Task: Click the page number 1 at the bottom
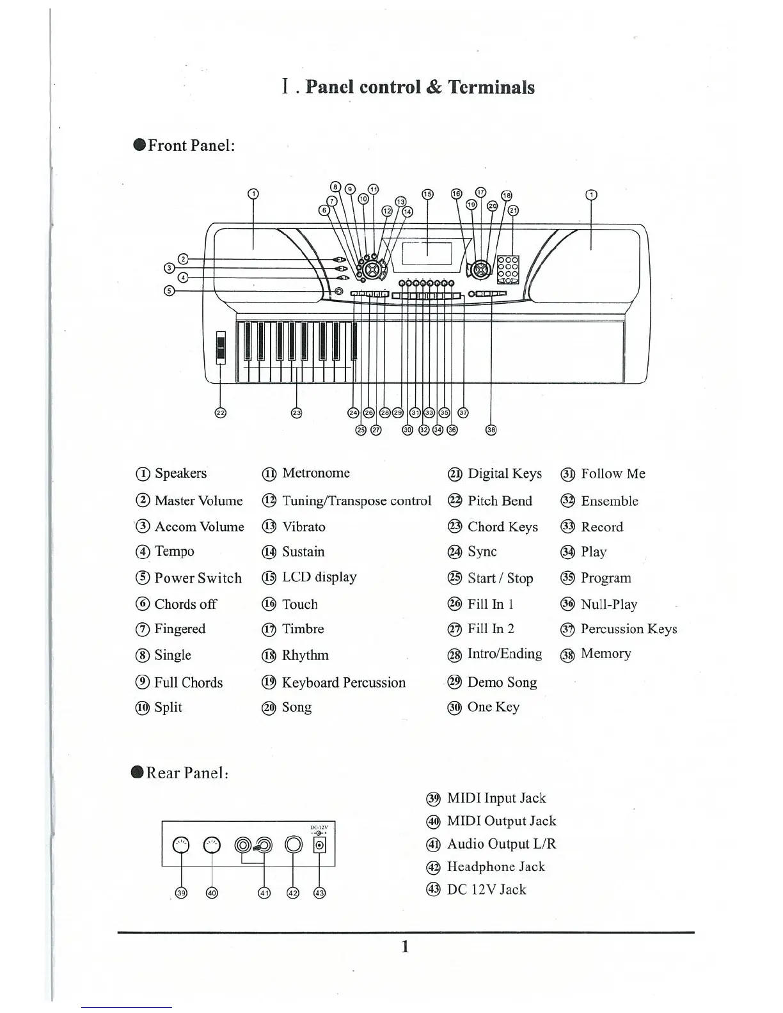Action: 404,946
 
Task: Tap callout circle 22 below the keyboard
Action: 220,412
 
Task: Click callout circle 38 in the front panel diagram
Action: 491,430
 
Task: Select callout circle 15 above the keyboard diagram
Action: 427,194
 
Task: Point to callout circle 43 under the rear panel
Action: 319,893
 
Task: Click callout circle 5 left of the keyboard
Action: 169,291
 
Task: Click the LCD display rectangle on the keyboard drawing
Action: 427,255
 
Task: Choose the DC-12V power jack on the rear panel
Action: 319,845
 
